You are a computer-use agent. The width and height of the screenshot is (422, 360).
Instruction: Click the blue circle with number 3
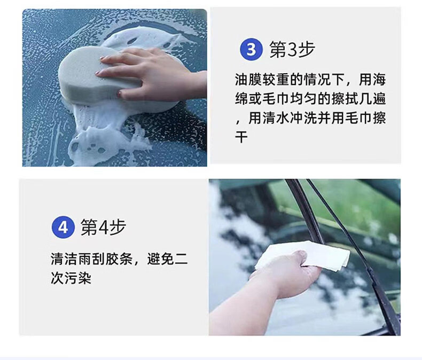(251, 50)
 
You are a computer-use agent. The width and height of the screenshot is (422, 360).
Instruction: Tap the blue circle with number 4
(62, 228)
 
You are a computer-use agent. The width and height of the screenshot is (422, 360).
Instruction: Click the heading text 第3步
(292, 50)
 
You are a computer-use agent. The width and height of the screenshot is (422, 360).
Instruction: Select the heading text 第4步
(103, 228)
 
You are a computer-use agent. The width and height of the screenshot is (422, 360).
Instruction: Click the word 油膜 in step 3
(248, 80)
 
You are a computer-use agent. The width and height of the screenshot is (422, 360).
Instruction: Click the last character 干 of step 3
(241, 137)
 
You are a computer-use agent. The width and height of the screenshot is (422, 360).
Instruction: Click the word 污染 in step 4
(78, 278)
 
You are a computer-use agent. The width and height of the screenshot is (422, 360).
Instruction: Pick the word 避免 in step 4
(161, 259)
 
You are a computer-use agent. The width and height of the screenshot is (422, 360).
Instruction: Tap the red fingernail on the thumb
(119, 94)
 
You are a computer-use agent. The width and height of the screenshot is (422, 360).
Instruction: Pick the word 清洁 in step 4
(64, 259)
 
